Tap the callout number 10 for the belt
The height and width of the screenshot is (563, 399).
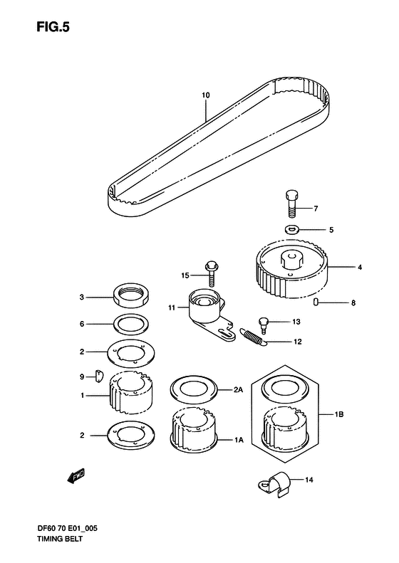click(205, 95)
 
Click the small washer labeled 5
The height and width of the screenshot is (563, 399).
click(293, 230)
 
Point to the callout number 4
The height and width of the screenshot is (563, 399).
click(361, 268)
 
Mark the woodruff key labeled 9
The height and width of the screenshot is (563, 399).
click(99, 375)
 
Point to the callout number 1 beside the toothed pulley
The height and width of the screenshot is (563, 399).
click(83, 395)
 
